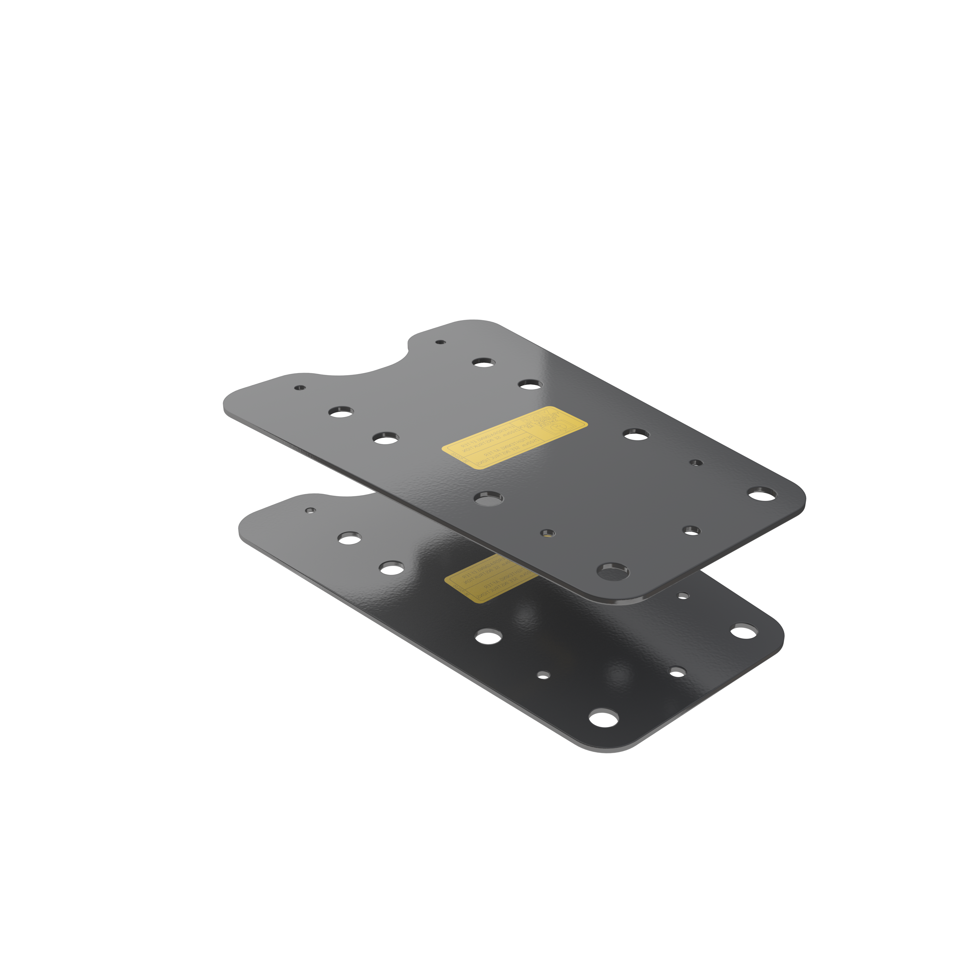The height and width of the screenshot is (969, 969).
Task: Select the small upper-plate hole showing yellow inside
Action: pyautogui.click(x=548, y=533)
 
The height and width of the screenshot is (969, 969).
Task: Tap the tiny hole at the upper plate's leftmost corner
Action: pyautogui.click(x=300, y=388)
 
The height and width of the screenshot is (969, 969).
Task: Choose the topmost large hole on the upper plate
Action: pyautogui.click(x=484, y=362)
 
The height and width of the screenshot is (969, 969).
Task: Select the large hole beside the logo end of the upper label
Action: pyautogui.click(x=636, y=434)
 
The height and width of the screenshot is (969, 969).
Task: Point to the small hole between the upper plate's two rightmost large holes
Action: pyautogui.click(x=696, y=463)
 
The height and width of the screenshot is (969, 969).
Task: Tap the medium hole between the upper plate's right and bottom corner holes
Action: pyautogui.click(x=692, y=530)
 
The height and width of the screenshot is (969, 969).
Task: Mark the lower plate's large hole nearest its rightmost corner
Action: pyautogui.click(x=744, y=631)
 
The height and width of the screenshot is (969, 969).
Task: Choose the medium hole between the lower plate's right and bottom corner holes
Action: pyautogui.click(x=677, y=672)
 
